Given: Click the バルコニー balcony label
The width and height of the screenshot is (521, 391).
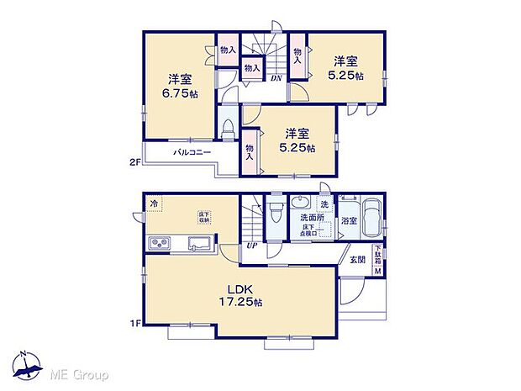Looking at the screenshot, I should tap(192, 153).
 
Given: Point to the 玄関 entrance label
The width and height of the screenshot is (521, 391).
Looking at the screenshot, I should tap(358, 261).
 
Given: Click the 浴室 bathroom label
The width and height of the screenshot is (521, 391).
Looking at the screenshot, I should tap(349, 220).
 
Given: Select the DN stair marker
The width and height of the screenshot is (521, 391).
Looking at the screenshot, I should tap(276, 78).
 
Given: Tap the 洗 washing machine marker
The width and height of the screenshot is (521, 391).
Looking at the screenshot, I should tap(324, 204).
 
